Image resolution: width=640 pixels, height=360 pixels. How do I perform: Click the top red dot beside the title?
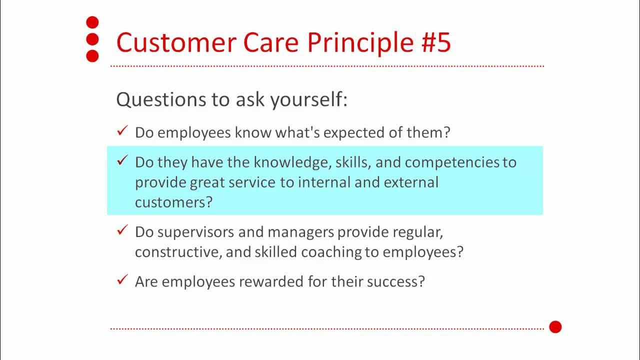coord(92,22)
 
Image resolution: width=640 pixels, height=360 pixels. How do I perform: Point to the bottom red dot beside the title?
coord(92,56)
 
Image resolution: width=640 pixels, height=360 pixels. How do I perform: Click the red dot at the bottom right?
coord(555,327)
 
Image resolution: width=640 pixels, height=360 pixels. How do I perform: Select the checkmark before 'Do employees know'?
coord(122,131)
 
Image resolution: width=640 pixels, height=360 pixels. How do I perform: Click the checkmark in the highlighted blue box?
coord(122,160)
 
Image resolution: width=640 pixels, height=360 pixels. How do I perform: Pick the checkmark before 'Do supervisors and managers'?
coord(122,230)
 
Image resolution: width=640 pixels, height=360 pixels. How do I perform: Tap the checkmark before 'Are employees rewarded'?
coord(122,280)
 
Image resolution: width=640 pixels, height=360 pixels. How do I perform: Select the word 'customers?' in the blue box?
coord(173,202)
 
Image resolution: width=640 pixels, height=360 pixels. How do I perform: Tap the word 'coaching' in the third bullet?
coord(333,252)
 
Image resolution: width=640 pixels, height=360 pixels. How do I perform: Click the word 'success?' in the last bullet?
coord(395,281)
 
